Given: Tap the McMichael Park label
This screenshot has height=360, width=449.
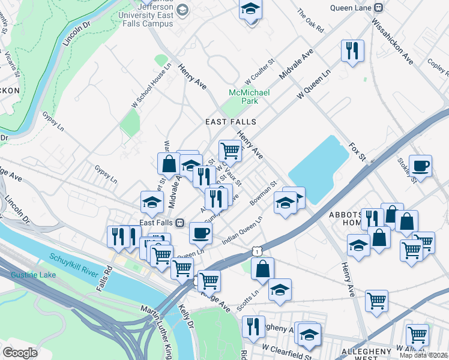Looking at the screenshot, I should [x=249, y=97].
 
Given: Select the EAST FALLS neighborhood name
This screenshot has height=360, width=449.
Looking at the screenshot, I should [x=231, y=122].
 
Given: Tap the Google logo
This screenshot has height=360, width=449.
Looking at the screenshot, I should [x=20, y=352].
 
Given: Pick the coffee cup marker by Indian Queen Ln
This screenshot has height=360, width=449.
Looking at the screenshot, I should [x=200, y=233].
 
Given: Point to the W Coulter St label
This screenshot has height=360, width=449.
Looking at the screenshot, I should [x=259, y=72].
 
